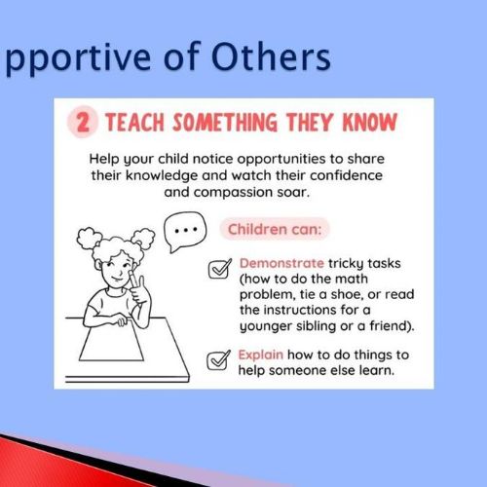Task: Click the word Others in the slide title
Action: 271,57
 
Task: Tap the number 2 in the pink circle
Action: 83,122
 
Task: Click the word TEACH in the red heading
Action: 135,123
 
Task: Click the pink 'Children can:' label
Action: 275,229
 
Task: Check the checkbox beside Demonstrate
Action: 220,269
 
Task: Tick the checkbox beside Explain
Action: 218,360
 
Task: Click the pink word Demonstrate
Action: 281,263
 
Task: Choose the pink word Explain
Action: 261,355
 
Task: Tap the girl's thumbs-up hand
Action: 137,289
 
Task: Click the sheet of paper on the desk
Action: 111,339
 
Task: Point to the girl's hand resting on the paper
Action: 121,319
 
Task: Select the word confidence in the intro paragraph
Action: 346,175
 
